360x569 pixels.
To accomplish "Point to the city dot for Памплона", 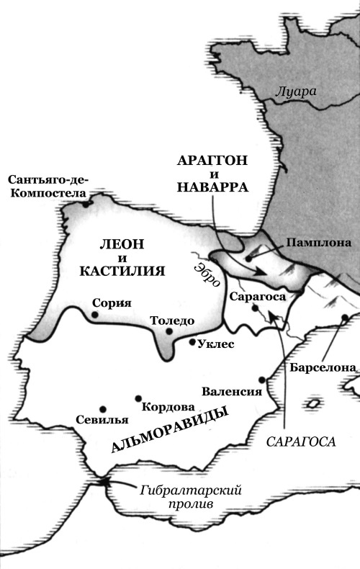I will point(248,256).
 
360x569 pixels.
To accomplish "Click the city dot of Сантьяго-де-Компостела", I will point(86,202).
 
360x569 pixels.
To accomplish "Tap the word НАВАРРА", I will point(214,187).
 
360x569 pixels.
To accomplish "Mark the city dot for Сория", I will point(95,315).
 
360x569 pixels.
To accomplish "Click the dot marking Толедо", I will point(169,332).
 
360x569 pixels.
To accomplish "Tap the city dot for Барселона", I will point(346,318).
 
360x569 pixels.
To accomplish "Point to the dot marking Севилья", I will point(102,408).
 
